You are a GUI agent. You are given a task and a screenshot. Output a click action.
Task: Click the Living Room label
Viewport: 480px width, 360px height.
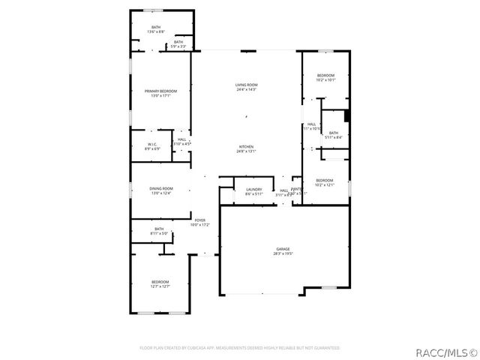click(247, 85)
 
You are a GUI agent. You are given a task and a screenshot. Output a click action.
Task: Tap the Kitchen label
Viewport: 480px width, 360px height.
click(247, 146)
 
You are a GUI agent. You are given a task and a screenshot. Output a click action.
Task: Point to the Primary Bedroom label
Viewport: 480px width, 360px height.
click(161, 91)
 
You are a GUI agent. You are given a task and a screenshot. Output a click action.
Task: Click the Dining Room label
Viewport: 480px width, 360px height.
click(161, 188)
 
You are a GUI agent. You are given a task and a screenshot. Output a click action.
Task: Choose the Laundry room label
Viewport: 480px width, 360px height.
click(254, 189)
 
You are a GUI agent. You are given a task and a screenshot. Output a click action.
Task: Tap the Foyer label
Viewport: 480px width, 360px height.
click(200, 220)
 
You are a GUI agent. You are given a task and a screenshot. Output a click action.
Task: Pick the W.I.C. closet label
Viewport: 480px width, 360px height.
click(152, 143)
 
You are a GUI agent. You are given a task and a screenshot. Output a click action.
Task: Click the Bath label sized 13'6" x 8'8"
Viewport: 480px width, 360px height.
click(155, 27)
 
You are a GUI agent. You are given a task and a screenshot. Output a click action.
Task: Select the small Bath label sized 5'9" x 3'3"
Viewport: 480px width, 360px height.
click(178, 42)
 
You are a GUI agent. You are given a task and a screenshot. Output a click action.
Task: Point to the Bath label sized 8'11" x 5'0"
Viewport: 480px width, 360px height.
click(159, 229)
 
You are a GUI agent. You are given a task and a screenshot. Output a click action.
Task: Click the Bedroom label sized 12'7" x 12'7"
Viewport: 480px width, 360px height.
click(160, 282)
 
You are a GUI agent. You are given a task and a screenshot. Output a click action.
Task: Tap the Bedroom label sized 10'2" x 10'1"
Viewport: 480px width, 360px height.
click(325, 75)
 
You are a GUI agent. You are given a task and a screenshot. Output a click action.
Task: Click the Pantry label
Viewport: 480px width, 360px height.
click(297, 189)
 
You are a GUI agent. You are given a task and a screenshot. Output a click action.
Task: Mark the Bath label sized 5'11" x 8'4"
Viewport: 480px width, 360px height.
click(334, 133)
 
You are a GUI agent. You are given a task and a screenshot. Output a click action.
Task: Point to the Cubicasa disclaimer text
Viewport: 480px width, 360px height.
click(240, 348)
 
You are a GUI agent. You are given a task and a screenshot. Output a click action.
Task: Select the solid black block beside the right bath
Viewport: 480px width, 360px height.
click(346, 116)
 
